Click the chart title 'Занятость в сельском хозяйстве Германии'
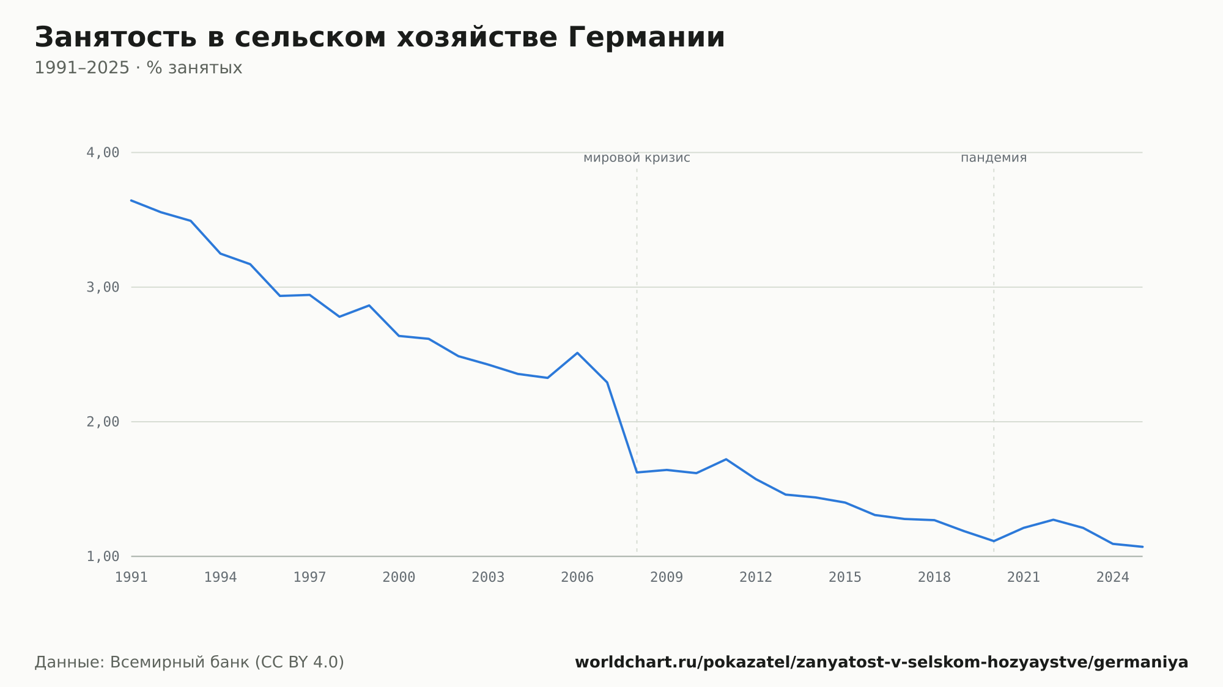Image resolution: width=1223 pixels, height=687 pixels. (380, 38)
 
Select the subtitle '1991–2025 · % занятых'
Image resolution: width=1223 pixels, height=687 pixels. (138, 68)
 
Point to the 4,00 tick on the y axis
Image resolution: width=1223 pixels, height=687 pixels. (103, 153)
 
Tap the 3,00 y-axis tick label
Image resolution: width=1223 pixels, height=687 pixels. (103, 287)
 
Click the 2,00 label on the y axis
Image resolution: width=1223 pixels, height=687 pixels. (103, 422)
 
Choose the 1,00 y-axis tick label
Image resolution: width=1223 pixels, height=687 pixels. (103, 556)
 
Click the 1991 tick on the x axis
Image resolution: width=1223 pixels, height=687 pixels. (131, 578)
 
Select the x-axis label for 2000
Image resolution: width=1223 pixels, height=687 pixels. (399, 578)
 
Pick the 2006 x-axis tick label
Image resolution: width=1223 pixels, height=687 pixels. (577, 578)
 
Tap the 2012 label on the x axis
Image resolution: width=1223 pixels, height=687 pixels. (756, 578)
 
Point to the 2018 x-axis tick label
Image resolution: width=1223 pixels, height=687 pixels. (934, 578)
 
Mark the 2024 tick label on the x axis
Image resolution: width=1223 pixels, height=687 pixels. (1113, 578)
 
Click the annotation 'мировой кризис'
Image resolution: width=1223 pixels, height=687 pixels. (637, 158)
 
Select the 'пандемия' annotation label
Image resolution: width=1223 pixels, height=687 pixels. (994, 158)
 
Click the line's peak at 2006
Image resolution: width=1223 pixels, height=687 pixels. (577, 353)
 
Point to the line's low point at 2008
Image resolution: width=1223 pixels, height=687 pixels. (637, 472)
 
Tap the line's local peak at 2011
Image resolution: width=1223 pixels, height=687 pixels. (726, 459)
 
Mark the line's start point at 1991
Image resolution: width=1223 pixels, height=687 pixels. (131, 200)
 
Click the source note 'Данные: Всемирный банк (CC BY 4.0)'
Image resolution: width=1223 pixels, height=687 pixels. (190, 663)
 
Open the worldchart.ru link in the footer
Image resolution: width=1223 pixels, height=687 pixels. (881, 663)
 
